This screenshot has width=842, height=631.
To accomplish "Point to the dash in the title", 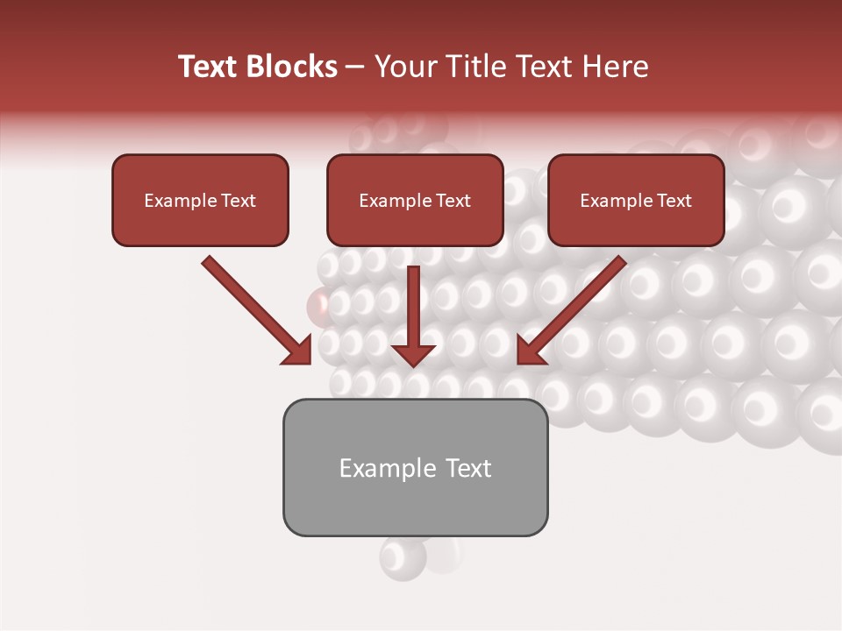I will click(x=355, y=67).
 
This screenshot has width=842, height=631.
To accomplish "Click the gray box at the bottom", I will click(x=415, y=504).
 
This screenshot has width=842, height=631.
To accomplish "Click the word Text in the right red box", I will click(x=674, y=201).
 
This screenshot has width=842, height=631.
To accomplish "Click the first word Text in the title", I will click(x=210, y=67).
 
